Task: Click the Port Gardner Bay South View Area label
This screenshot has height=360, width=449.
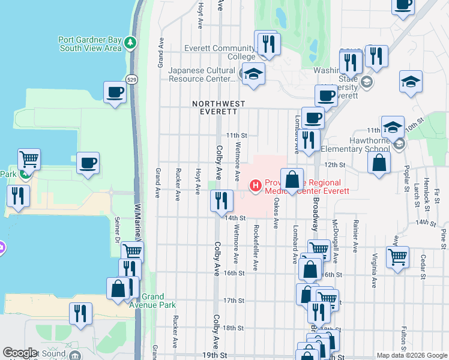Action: tap(90, 44)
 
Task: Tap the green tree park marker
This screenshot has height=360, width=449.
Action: tap(131, 43)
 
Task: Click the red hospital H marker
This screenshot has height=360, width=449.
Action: tap(256, 186)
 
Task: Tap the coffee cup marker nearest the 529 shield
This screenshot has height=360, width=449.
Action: tap(115, 92)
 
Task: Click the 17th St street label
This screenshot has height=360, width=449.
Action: tap(234, 300)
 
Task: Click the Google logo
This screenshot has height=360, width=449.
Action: tap(20, 353)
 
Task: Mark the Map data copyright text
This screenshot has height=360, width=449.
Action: tap(411, 355)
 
